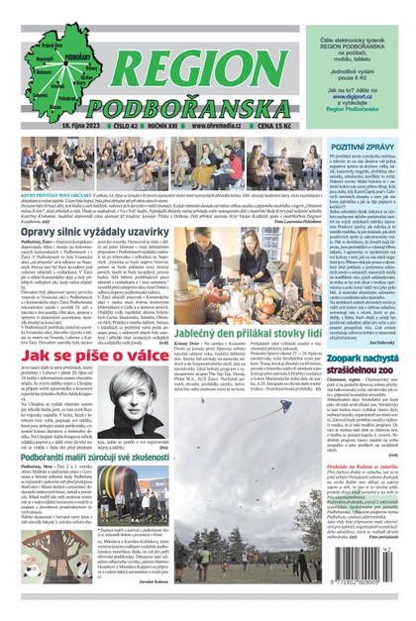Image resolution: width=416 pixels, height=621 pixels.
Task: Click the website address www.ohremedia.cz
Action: click(x=219, y=127)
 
